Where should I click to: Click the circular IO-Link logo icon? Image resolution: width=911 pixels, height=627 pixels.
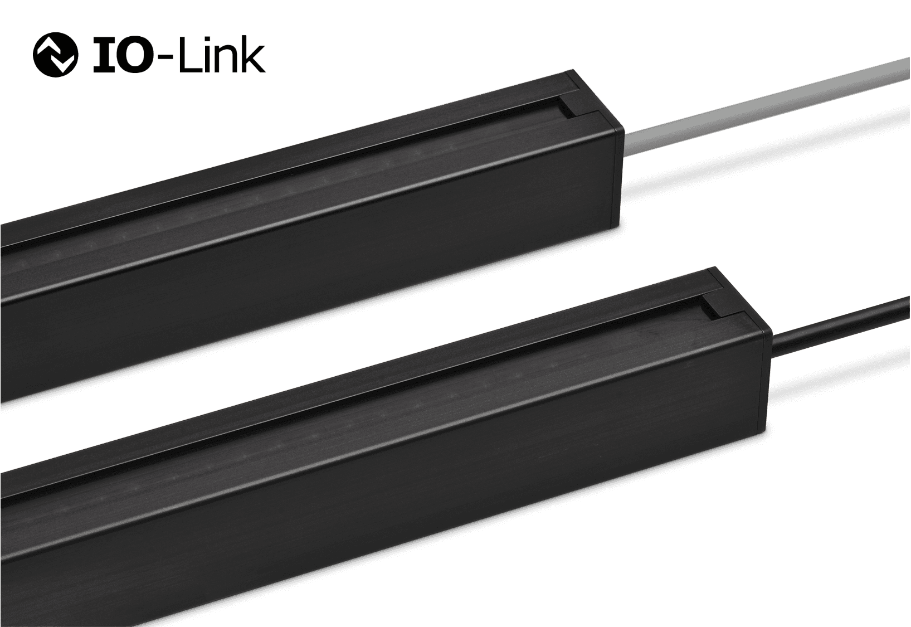coord(55,55)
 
